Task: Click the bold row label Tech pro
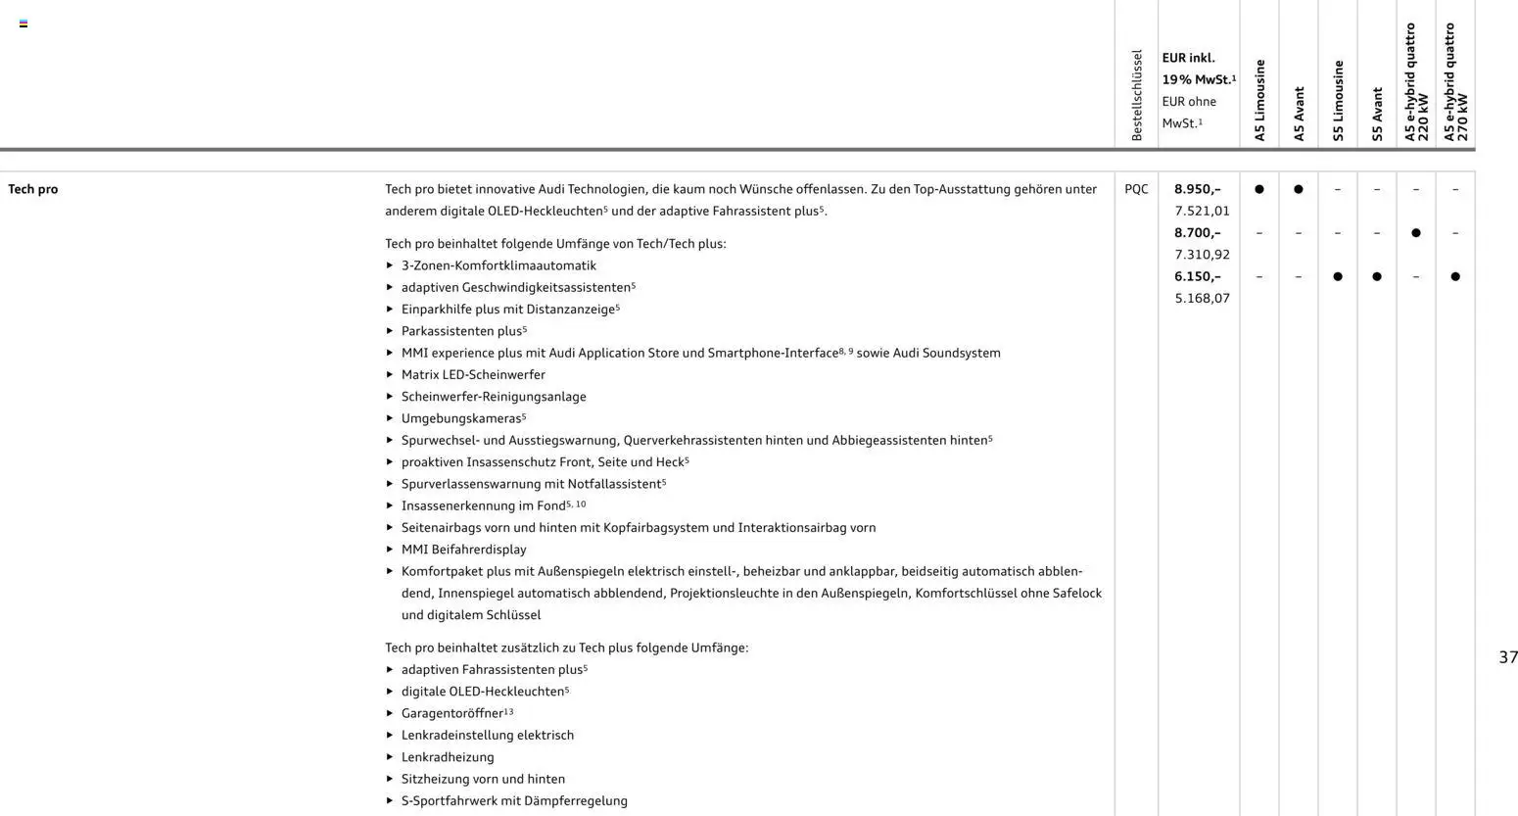(x=33, y=189)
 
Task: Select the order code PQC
(x=1136, y=189)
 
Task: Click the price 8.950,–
(x=1197, y=189)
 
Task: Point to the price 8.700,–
(x=1197, y=233)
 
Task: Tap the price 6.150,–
(x=1197, y=276)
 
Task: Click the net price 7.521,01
(x=1202, y=211)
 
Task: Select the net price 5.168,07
(x=1202, y=298)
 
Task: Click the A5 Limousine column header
(x=1259, y=100)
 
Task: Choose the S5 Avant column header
(x=1377, y=114)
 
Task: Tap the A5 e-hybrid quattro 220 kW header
(x=1416, y=83)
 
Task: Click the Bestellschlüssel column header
(x=1136, y=95)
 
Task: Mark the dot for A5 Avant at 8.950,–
(x=1299, y=189)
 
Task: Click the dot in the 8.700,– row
(x=1416, y=233)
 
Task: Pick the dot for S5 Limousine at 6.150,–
(x=1338, y=276)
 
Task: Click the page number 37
(x=1508, y=657)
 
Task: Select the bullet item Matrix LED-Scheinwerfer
(x=473, y=374)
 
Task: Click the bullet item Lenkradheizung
(x=448, y=757)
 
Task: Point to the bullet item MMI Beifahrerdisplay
(x=463, y=550)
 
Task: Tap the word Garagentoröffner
(x=451, y=713)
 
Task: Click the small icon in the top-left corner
(x=24, y=24)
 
